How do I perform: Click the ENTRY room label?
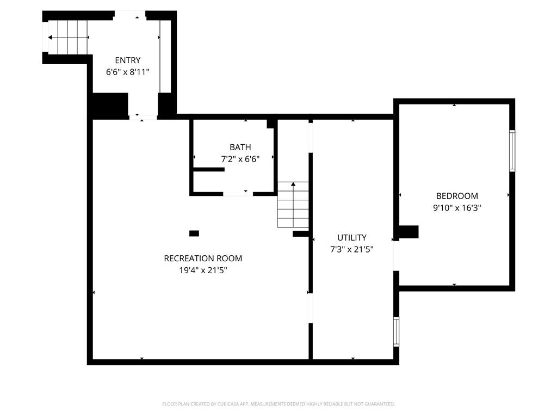pos(127,60)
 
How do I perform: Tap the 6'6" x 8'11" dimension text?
pos(127,72)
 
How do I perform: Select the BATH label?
pos(240,147)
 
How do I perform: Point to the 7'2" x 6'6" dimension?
pos(240,159)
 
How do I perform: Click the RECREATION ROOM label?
pos(203,259)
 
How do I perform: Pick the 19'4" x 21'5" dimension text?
pos(203,270)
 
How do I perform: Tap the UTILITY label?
pos(352,237)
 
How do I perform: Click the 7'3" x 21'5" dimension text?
pos(352,249)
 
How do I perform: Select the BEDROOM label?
pos(457,196)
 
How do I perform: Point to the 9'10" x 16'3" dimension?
pos(457,207)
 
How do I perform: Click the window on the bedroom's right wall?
pos(512,151)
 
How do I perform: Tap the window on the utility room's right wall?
pos(396,331)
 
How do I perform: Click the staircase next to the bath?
pos(293,205)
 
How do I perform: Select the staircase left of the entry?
pos(68,38)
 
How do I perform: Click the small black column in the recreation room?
pos(194,233)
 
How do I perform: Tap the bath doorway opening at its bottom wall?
pos(238,193)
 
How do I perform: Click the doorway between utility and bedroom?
pos(396,256)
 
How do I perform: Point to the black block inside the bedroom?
pos(409,232)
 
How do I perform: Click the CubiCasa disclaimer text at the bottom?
pos(278,404)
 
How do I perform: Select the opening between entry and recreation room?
pos(143,116)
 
